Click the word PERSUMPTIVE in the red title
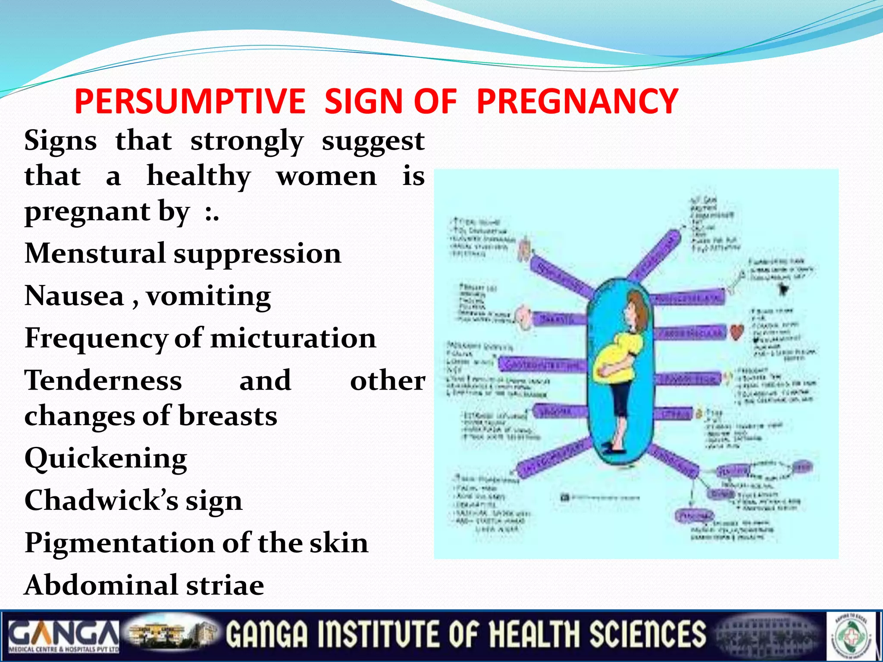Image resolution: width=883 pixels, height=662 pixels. click(190, 102)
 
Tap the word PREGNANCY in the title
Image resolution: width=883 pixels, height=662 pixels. click(577, 102)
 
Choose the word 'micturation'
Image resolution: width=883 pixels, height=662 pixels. click(293, 338)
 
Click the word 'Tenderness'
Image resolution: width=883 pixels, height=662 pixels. click(103, 381)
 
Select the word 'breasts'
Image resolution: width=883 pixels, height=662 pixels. click(228, 416)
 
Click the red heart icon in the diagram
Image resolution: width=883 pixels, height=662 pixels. click(737, 332)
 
